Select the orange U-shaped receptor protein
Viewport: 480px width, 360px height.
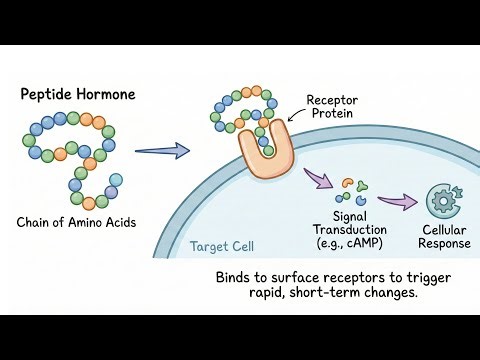pos(262,152)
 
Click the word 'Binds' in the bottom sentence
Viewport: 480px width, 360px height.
pos(235,275)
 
